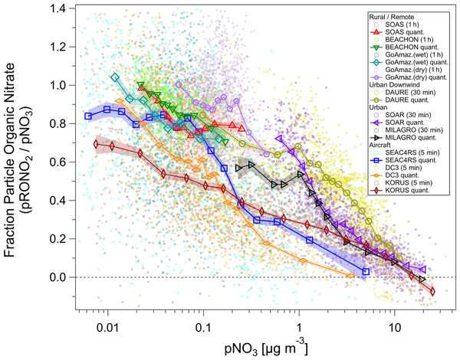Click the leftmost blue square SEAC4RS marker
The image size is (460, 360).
tap(88, 116)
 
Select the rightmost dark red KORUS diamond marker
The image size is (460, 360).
tap(432, 291)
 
